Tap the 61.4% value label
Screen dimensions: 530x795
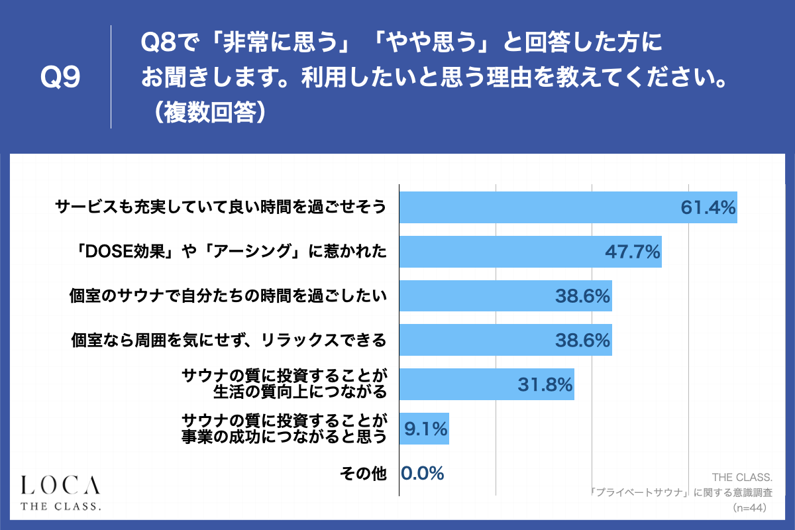click(x=708, y=208)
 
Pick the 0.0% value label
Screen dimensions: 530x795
click(x=422, y=473)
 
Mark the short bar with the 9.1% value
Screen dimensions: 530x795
click(x=424, y=429)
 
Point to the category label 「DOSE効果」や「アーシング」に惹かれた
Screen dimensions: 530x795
click(x=228, y=252)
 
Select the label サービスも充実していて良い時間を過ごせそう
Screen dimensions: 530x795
click(x=220, y=208)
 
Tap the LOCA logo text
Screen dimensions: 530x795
click(x=60, y=485)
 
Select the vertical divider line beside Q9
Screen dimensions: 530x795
click(x=111, y=77)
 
